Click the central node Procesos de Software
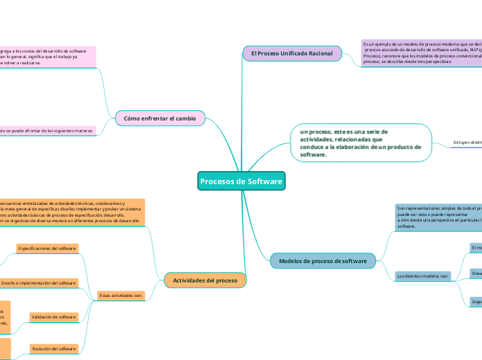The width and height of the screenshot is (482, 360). click(x=241, y=181)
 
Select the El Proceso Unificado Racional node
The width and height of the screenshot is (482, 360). click(x=292, y=53)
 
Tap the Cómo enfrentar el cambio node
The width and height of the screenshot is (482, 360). click(x=159, y=118)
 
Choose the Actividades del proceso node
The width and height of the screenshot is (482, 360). click(x=205, y=280)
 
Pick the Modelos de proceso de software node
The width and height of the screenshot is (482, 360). click(x=323, y=260)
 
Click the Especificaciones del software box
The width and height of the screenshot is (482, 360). click(x=47, y=248)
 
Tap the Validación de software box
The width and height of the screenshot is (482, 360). click(x=53, y=317)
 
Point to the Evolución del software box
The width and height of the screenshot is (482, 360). click(x=53, y=348)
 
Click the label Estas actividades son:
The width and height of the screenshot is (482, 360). click(x=121, y=296)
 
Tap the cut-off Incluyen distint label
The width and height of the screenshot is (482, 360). click(x=467, y=143)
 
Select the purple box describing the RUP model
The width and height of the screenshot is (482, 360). click(x=421, y=53)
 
